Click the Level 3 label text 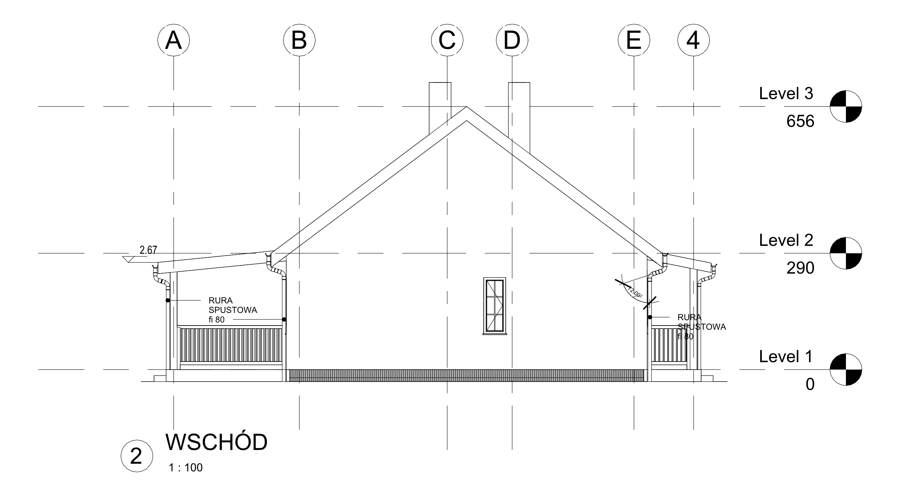tap(786, 94)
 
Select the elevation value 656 tap(800, 122)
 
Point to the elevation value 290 tap(800, 268)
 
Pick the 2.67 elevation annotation tap(148, 250)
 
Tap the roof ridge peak tap(466, 107)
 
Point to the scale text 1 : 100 tap(186, 468)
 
